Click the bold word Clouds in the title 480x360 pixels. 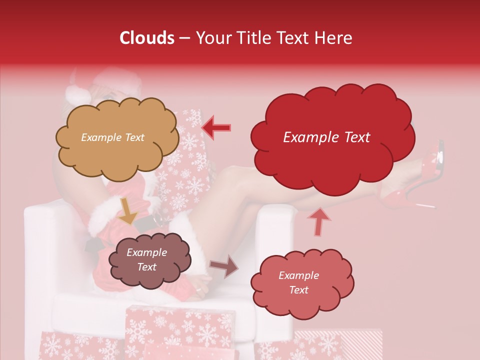click(x=147, y=38)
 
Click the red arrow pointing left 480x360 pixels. click(x=216, y=127)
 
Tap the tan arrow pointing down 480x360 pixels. click(x=128, y=210)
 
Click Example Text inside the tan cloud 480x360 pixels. click(x=112, y=137)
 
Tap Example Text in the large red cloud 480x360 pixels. click(x=326, y=137)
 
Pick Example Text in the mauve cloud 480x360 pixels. click(x=146, y=260)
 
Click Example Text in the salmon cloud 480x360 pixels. click(x=298, y=282)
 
